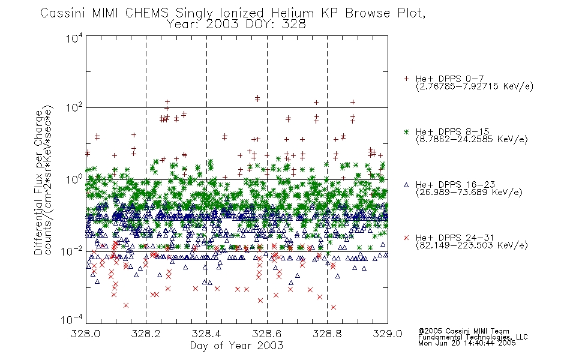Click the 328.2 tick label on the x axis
(x=146, y=334)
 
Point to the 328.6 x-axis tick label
(x=267, y=334)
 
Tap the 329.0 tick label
(x=388, y=334)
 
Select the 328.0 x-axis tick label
(x=86, y=334)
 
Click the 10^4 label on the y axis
(x=74, y=38)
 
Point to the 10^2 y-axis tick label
(x=74, y=108)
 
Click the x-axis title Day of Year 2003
(x=236, y=346)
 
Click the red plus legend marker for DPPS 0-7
(x=406, y=79)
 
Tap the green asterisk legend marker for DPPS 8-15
(x=406, y=131)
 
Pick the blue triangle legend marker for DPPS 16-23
(x=406, y=185)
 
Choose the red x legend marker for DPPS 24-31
(x=406, y=238)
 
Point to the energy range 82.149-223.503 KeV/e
(x=472, y=245)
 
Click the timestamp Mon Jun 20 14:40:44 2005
(x=467, y=343)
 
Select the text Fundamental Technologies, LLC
(x=473, y=337)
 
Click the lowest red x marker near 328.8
(x=334, y=307)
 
